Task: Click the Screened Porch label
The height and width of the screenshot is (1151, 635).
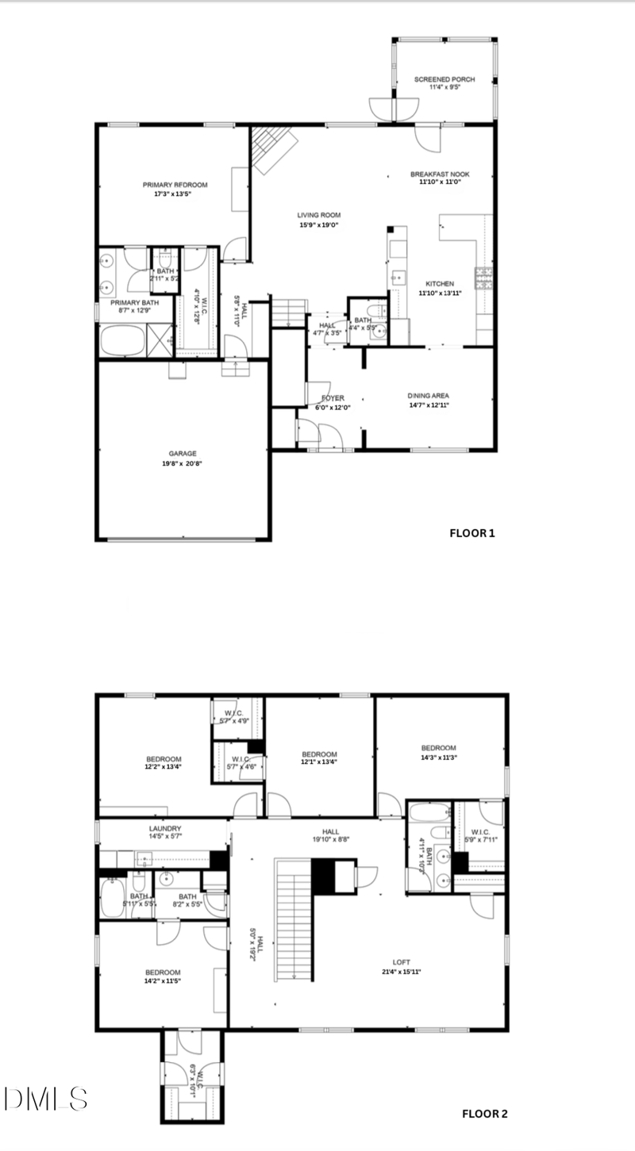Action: click(445, 79)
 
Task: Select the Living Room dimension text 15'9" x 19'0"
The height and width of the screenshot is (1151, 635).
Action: click(319, 225)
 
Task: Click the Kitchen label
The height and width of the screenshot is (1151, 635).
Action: click(439, 284)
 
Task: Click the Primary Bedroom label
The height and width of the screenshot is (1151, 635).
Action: click(174, 185)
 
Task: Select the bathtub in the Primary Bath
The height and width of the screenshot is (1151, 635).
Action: click(123, 342)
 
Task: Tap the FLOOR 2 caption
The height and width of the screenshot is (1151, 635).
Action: click(484, 1114)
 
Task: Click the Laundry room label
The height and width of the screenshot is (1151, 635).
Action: click(165, 828)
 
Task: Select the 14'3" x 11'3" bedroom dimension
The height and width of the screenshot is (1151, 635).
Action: click(438, 757)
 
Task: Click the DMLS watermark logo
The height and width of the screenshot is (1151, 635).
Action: click(45, 1098)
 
